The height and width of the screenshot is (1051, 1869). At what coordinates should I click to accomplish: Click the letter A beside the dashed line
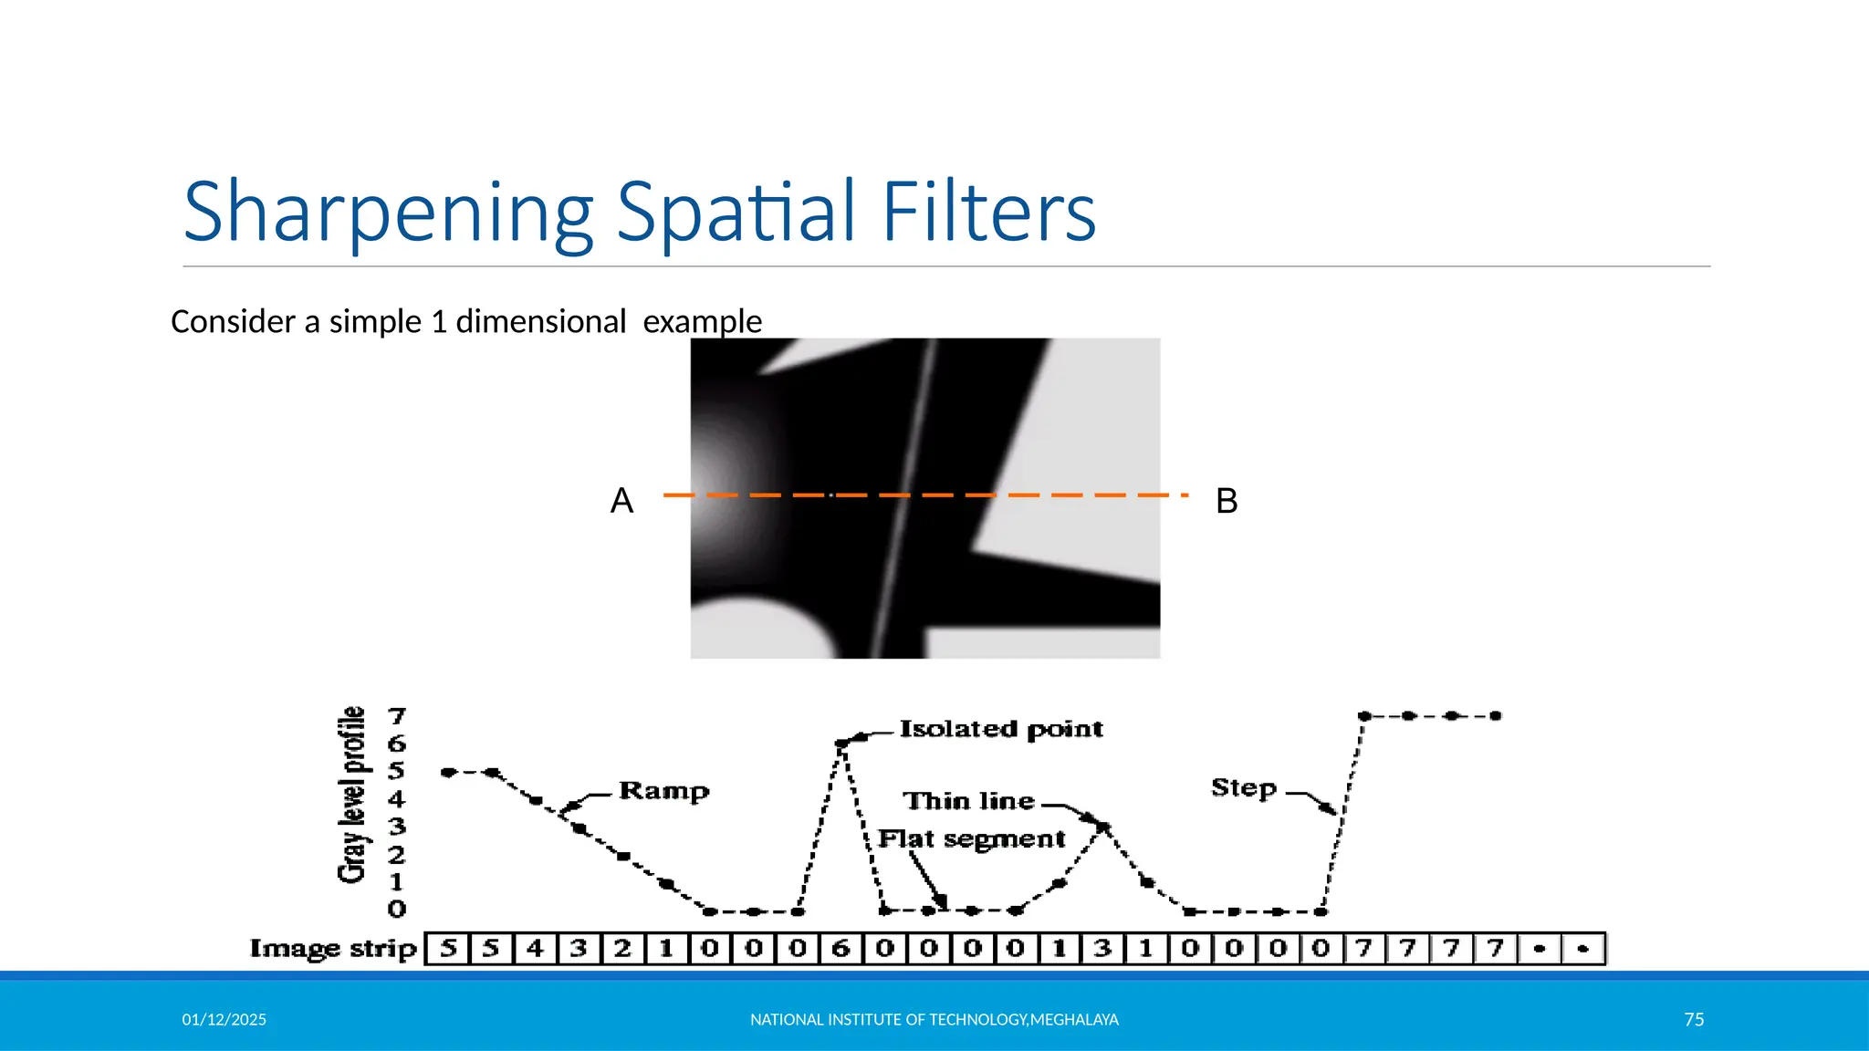click(621, 501)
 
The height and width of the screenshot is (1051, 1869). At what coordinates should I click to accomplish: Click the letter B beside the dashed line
click(1227, 501)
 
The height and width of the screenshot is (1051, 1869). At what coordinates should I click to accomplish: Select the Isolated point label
click(1001, 729)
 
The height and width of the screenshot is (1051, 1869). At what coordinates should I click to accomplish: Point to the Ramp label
click(663, 790)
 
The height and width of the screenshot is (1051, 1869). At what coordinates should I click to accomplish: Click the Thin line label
click(968, 801)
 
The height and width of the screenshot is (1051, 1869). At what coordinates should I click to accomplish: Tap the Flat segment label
click(971, 839)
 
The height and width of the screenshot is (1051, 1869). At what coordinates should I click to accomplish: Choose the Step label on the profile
click(1243, 787)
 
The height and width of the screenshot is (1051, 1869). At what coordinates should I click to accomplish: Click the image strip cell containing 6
click(841, 949)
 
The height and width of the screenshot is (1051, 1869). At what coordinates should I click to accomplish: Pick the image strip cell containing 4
click(535, 949)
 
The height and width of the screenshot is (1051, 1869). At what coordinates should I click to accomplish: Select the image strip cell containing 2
click(622, 949)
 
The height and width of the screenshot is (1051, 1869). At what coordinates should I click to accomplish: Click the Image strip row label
click(333, 949)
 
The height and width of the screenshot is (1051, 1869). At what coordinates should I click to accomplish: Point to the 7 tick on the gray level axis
click(396, 716)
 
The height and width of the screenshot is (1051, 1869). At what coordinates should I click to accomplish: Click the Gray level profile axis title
click(352, 795)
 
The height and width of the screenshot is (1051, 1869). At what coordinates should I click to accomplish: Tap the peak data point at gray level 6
click(841, 744)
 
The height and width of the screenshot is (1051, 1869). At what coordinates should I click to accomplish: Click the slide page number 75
click(1694, 1019)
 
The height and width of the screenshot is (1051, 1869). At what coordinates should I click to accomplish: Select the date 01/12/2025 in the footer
click(224, 1019)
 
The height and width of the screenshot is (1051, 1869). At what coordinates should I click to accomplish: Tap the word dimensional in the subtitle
click(540, 322)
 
